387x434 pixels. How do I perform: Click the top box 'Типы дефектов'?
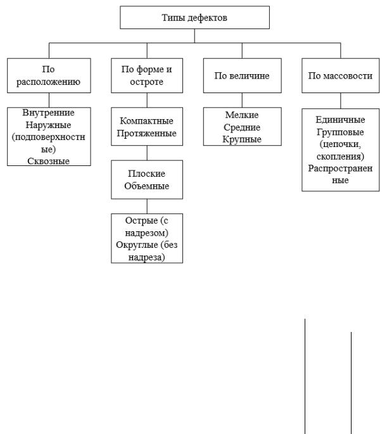[194, 18]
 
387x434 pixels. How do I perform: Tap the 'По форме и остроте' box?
[147, 76]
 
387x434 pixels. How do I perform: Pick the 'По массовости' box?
[340, 76]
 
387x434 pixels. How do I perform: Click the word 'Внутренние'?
[49, 113]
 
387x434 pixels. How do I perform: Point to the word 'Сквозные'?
[49, 161]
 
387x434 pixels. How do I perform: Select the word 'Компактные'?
[147, 120]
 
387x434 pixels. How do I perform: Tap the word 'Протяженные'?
[147, 134]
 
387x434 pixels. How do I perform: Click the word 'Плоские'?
[147, 174]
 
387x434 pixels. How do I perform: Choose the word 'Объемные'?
[147, 187]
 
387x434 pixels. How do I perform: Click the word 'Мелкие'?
[242, 115]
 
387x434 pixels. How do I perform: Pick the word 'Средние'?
[242, 127]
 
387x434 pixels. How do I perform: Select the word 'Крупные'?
[242, 139]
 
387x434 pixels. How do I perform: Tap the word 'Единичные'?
[340, 121]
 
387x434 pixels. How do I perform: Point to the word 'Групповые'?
[340, 133]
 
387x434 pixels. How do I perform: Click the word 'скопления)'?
[340, 156]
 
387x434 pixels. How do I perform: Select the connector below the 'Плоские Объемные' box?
[147, 206]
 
